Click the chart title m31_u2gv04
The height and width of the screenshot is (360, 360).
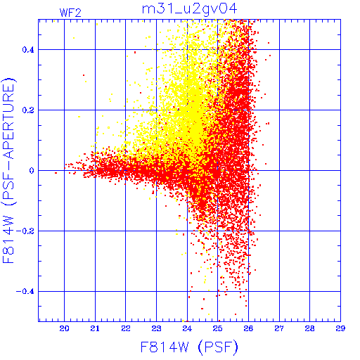190,9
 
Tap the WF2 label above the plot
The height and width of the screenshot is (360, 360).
70,13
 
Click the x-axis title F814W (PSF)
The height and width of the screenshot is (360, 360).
189,347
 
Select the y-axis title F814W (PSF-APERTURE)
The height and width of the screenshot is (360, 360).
8,171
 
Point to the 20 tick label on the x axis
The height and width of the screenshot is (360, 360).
64,328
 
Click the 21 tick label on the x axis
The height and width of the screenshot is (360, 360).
95,328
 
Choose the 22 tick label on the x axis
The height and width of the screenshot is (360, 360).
126,328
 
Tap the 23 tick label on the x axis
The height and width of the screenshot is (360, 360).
156,328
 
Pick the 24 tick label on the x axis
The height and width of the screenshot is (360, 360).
187,328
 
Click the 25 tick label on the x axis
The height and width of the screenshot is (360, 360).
217,328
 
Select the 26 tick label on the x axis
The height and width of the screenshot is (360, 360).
248,328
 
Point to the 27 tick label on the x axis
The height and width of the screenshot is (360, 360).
279,328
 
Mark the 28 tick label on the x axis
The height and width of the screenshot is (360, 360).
309,328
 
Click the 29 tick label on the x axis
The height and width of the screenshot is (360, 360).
340,328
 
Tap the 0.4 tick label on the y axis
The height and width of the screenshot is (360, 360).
28,50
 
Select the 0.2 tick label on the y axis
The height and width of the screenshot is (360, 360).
28,110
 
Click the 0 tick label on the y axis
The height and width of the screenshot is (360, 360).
32,171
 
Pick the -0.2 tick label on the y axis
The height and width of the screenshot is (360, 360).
25,231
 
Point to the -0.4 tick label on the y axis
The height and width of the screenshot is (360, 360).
25,292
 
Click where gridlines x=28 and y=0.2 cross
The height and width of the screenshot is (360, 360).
309,110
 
